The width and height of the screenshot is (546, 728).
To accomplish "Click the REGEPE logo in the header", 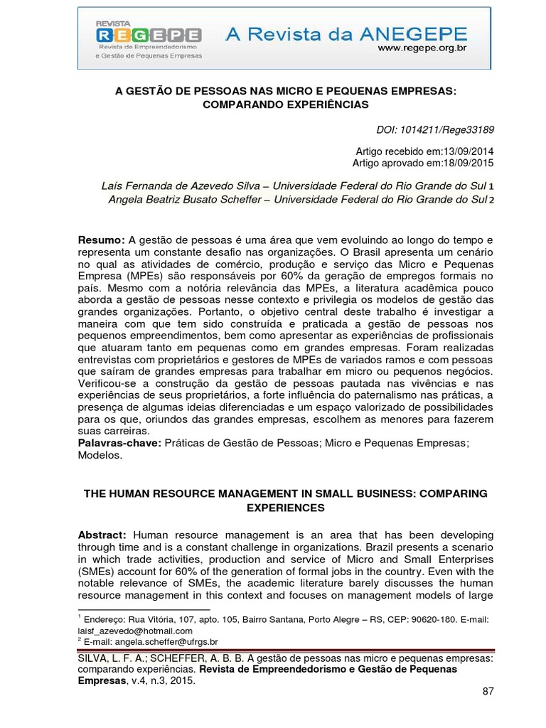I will pos(148,35).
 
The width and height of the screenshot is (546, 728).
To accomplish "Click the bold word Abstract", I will pos(102,534).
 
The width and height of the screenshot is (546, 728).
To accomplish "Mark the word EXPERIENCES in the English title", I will pos(285,508).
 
